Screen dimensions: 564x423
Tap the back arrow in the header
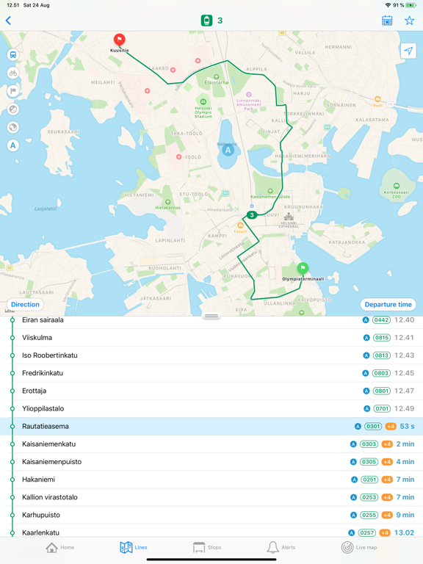pyautogui.click(x=9, y=21)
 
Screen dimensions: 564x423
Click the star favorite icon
pyautogui.click(x=409, y=21)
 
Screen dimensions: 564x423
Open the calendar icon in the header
pyautogui.click(x=387, y=21)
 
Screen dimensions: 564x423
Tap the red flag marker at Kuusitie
pyautogui.click(x=119, y=40)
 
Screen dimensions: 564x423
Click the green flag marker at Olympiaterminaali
pyautogui.click(x=303, y=269)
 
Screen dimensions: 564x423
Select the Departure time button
pyautogui.click(x=388, y=304)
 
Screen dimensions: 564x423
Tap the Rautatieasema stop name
pyautogui.click(x=46, y=427)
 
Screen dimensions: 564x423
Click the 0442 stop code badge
pyautogui.click(x=381, y=320)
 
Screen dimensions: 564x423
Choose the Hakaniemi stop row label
pyautogui.click(x=38, y=480)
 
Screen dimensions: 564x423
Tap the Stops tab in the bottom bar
pyautogui.click(x=206, y=548)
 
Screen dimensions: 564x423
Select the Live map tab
pyautogui.click(x=358, y=548)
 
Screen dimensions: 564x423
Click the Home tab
pyautogui.click(x=59, y=548)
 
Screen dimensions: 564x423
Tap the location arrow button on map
pyautogui.click(x=408, y=51)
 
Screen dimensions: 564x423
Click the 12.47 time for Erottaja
pyautogui.click(x=404, y=391)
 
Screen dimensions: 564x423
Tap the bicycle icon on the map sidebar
pyautogui.click(x=13, y=73)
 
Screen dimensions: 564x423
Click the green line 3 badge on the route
pyautogui.click(x=251, y=215)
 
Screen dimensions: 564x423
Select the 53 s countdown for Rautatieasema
pyautogui.click(x=407, y=427)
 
